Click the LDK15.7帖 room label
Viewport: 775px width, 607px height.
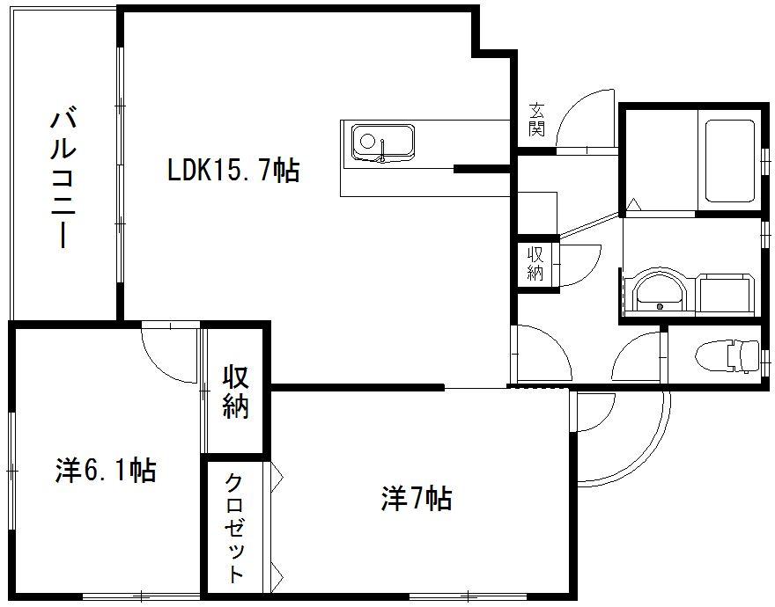(233, 170)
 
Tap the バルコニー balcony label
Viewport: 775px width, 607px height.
(61, 176)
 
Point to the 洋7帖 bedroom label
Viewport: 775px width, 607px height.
(417, 500)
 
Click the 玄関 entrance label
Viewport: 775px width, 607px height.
(536, 121)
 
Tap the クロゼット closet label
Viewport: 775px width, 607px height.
(235, 528)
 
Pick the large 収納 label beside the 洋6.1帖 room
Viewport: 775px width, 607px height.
(235, 391)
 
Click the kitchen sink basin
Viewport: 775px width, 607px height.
(383, 141)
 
